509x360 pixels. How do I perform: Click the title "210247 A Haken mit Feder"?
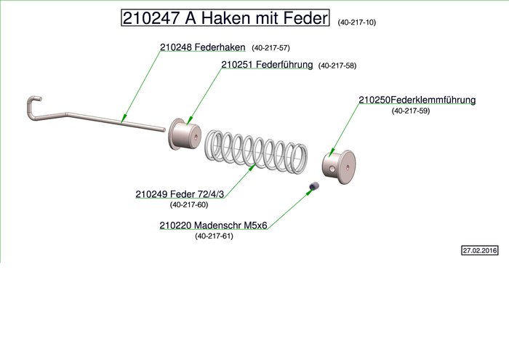click(x=225, y=19)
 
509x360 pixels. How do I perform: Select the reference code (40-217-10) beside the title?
click(x=357, y=23)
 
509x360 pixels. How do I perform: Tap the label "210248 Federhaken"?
click(x=203, y=47)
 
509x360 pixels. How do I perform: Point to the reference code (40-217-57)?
click(x=270, y=48)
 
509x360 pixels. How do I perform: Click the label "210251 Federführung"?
click(x=267, y=65)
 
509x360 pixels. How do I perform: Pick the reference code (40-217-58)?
click(x=337, y=65)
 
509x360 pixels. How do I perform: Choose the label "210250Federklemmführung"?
click(x=417, y=100)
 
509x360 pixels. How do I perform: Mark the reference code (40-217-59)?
click(x=411, y=111)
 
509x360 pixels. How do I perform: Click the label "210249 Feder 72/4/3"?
click(x=178, y=194)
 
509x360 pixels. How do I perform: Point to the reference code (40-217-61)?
click(x=214, y=236)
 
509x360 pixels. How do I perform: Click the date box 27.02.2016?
click(x=479, y=250)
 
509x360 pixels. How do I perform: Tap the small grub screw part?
click(x=313, y=188)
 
